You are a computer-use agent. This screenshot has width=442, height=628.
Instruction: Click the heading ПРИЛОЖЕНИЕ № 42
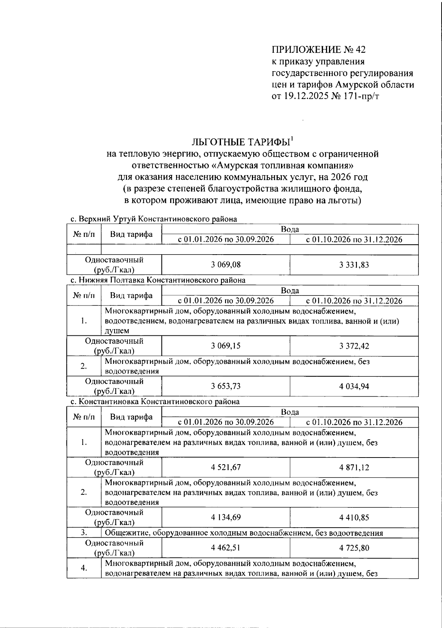[x=319, y=49]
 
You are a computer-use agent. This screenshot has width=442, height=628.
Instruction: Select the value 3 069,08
[x=226, y=265]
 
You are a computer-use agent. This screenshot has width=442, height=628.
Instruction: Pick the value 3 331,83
[x=354, y=265]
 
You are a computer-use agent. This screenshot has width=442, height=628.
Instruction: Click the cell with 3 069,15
[x=226, y=346]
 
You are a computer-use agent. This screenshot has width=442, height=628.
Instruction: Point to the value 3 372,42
[x=354, y=346]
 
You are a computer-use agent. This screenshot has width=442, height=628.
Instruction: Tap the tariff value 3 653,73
[x=226, y=386]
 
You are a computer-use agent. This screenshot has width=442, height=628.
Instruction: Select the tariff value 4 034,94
[x=354, y=386]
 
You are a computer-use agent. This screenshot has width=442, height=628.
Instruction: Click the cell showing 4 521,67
[x=226, y=467]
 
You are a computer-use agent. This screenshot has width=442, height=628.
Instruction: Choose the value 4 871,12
[x=354, y=467]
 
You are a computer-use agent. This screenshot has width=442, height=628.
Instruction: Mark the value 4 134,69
[x=226, y=517]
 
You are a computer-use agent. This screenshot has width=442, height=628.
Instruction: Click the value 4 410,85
[x=354, y=517]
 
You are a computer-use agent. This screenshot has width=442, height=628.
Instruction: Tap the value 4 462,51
[x=226, y=548]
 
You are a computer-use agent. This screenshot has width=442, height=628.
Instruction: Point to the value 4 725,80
[x=354, y=548]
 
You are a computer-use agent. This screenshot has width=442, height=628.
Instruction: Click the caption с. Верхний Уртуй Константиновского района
[x=154, y=219]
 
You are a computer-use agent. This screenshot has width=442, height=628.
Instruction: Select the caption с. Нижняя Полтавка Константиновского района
[x=158, y=280]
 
